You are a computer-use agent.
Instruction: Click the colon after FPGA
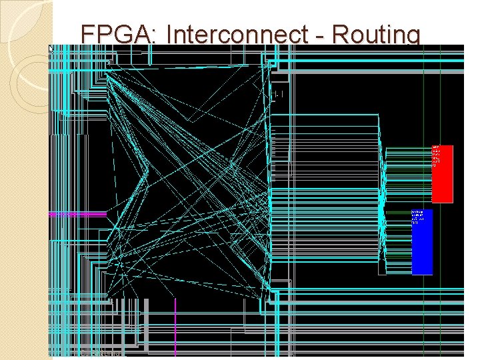[x=157, y=35]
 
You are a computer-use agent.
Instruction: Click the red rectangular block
[x=442, y=173]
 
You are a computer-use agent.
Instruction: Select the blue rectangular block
[x=422, y=241]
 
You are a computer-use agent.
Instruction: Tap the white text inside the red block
[x=435, y=155]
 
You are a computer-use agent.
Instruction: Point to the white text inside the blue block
[x=416, y=217]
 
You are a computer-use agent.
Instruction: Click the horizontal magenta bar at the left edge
[x=77, y=215]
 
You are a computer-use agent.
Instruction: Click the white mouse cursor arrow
[x=51, y=49]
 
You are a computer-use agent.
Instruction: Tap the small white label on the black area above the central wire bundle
[x=279, y=95]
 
